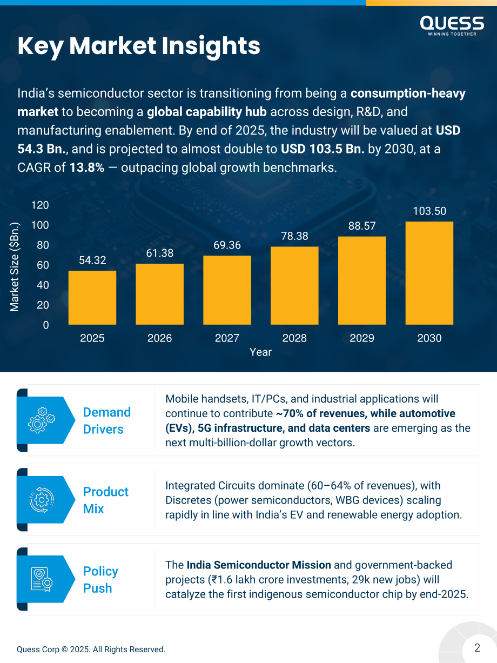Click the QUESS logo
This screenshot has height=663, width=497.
point(452,26)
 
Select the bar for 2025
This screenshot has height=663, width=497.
point(92,298)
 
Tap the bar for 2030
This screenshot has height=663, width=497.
point(429,273)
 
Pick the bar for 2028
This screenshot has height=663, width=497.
point(294,286)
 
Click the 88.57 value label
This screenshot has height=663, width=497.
point(362,226)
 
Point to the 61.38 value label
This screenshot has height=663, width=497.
point(160,253)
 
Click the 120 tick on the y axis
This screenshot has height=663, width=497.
point(40,205)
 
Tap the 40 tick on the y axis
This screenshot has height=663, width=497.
point(43,285)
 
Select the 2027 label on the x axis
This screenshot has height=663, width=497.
point(227,338)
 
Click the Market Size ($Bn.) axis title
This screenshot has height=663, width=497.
point(15,267)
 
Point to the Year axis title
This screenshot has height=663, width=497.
point(260,352)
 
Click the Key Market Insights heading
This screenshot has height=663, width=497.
point(139,46)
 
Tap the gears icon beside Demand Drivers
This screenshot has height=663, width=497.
point(42,420)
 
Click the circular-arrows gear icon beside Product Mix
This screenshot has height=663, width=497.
point(42,500)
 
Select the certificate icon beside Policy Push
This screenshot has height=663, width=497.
point(42,579)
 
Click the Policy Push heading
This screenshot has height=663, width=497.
point(100,580)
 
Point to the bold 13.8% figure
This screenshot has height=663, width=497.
point(87,168)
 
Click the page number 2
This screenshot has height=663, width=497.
point(477,647)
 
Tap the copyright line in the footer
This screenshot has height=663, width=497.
point(91,649)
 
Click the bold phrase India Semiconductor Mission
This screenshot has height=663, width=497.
point(259,565)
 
